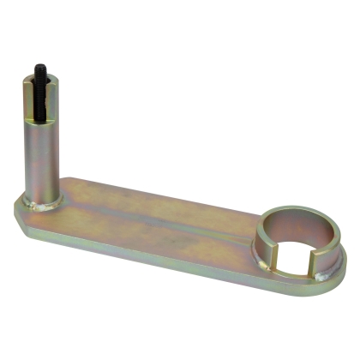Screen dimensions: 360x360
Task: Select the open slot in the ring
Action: point(296,258)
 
